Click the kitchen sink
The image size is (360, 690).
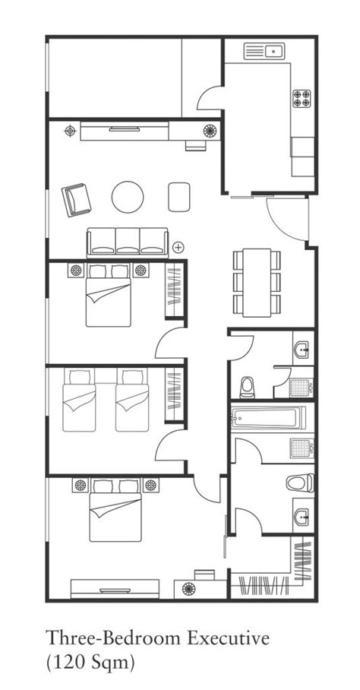point(264,51)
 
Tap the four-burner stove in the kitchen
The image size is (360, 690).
point(302,99)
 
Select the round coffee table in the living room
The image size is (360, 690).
point(128,197)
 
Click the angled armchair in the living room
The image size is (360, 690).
point(77,199)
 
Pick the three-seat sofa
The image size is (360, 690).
point(128,242)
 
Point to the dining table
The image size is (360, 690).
point(257,283)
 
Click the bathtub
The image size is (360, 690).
point(269,417)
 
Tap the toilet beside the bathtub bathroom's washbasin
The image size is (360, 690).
point(300,483)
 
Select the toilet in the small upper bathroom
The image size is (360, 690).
point(248,388)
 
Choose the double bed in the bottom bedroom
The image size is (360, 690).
point(115,511)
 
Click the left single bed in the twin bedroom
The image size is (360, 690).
point(79,400)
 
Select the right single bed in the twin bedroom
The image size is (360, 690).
point(132,400)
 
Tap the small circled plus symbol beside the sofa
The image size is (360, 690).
point(178,247)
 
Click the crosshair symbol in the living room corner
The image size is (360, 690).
point(70,131)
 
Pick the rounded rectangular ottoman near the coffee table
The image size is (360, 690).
point(179,197)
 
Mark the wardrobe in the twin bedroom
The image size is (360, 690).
point(175,394)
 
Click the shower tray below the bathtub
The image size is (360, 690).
point(302,448)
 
